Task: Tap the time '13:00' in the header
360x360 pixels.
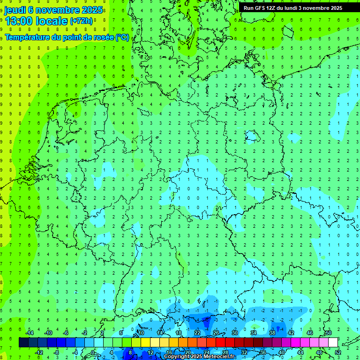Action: tap(20, 21)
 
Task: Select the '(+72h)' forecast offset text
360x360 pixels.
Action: tap(82, 21)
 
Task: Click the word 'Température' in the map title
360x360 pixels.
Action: tap(27, 37)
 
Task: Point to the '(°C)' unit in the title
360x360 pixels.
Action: tap(122, 37)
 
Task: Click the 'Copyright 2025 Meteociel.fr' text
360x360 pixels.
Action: tap(200, 357)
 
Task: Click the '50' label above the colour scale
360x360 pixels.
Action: tap(328, 333)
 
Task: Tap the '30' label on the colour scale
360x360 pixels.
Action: tap(234, 333)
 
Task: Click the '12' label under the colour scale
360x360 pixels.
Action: tap(150, 352)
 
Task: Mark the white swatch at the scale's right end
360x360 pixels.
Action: tap(333, 343)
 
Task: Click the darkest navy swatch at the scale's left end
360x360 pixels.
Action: tap(23, 343)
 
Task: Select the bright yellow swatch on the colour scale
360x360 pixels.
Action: tap(145, 343)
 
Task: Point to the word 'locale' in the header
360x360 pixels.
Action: tap(52, 21)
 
